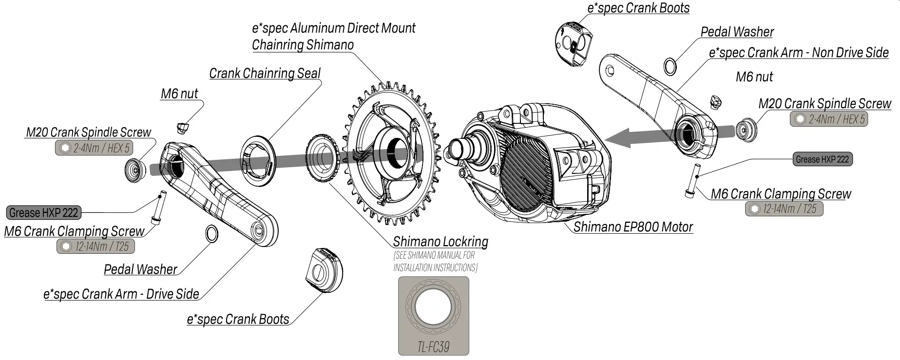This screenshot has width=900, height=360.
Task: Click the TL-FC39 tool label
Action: pos(433,347)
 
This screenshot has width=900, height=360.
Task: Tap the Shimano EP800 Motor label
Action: pos(632,227)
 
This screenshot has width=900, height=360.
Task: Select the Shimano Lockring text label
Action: pos(440,242)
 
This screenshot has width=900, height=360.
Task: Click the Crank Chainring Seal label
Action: pos(265,74)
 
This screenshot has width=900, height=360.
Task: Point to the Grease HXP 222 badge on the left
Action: pos(44,213)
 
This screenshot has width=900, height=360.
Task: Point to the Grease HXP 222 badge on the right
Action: pos(822,159)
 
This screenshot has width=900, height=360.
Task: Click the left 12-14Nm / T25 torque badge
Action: pos(96,246)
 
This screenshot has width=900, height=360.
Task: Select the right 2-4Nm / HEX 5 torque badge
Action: pos(829,119)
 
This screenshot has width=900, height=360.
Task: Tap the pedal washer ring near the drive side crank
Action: pos(212,234)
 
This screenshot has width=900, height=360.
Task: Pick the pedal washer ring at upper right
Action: pos(670,67)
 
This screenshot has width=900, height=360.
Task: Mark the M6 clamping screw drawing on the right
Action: pos(692,181)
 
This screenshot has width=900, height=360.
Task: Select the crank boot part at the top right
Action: pos(573,44)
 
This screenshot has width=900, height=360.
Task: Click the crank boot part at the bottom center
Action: pos(324,270)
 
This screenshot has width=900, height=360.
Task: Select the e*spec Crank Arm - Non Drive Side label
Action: pos(798,53)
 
